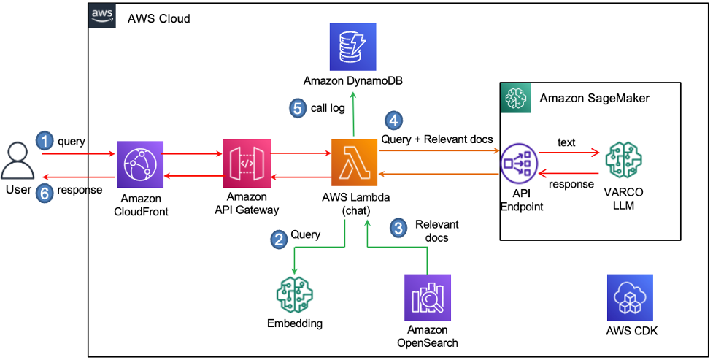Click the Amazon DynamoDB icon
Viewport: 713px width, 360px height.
(x=352, y=46)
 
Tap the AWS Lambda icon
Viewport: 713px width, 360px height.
(x=354, y=162)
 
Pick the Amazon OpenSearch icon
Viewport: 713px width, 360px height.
(x=427, y=298)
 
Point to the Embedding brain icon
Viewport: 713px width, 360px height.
(x=294, y=294)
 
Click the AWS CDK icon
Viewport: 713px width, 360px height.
(x=631, y=298)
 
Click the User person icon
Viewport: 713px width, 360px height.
(x=18, y=163)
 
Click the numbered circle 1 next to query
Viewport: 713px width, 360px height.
(x=46, y=141)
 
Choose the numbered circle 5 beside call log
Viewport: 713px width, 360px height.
(x=296, y=109)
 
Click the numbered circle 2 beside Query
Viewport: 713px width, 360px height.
(x=278, y=238)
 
